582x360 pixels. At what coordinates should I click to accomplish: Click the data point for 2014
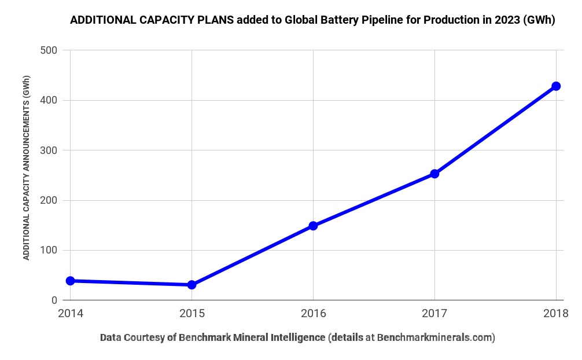pos(71,281)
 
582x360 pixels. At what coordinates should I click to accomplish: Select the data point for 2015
pos(191,285)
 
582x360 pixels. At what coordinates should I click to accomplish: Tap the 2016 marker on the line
pos(313,226)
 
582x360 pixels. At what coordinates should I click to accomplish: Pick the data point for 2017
pos(434,174)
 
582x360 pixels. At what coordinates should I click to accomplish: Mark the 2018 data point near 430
pos(556,86)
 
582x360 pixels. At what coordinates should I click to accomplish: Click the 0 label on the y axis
pos(54,300)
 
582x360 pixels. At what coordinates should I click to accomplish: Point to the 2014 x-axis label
pos(71,314)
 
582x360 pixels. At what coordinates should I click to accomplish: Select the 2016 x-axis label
pos(313,314)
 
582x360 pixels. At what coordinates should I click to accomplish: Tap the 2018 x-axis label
pos(556,314)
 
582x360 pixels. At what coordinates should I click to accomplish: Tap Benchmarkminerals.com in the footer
pos(435,337)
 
